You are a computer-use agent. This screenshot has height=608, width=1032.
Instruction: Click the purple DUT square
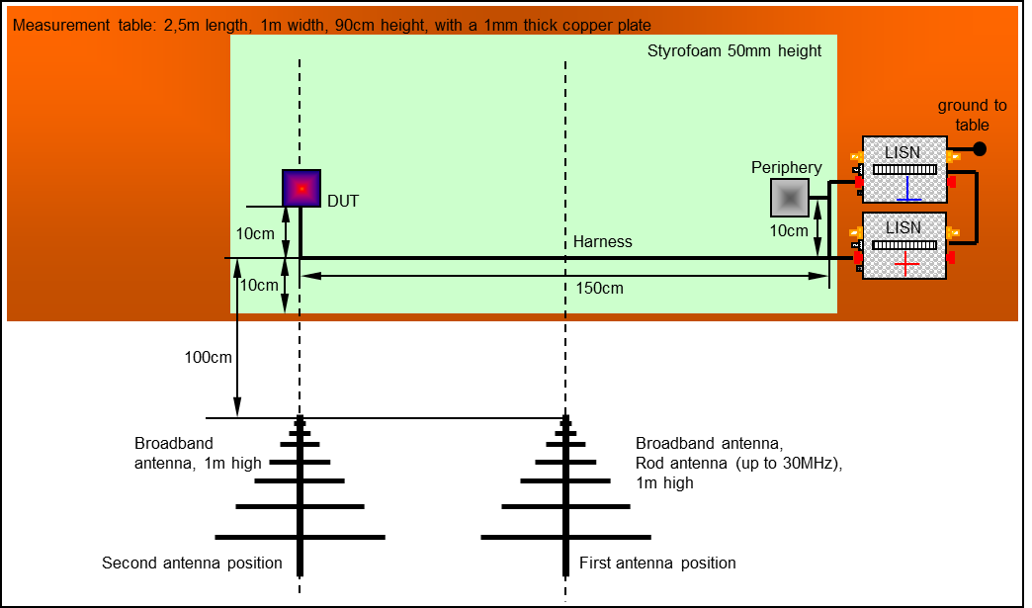[x=301, y=188]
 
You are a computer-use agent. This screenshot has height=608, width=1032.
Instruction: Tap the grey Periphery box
[x=789, y=199]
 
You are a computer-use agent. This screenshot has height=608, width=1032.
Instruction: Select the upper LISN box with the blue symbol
[x=904, y=169]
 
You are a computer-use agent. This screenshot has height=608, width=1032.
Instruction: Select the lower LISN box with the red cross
[x=904, y=245]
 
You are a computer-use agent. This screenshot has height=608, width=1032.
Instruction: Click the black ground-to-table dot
[x=980, y=149]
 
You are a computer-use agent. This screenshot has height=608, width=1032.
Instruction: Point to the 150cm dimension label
[x=599, y=289]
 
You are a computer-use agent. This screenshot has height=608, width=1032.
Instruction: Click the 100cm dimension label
[x=208, y=357]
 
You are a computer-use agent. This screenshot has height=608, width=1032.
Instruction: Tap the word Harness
[x=602, y=242]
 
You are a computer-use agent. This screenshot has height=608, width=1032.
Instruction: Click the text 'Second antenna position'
[x=192, y=564]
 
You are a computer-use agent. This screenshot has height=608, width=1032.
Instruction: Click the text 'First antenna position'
[x=657, y=564]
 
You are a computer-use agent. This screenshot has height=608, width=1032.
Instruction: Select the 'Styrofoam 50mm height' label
[x=734, y=50]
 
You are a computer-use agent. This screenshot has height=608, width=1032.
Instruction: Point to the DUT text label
[x=343, y=202]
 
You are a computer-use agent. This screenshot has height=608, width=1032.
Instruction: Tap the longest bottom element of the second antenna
[x=300, y=537]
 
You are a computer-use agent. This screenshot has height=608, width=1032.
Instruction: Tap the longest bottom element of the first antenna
[x=565, y=538]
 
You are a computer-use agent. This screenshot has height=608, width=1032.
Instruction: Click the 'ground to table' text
[x=973, y=116]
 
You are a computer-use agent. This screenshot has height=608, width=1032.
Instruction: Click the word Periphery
[x=786, y=168]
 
